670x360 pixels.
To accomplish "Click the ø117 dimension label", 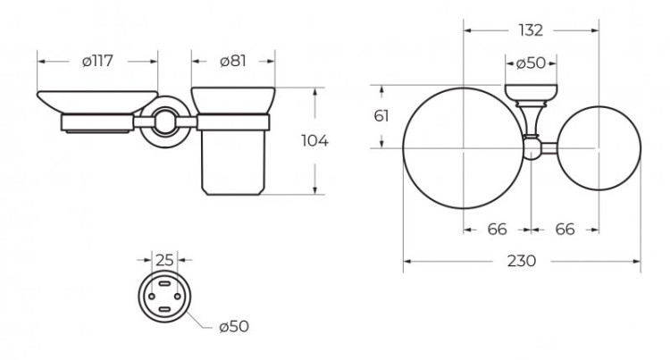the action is tap(97, 61).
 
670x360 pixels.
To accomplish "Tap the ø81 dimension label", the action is tap(233, 61).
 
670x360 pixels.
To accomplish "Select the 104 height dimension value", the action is tap(314, 140).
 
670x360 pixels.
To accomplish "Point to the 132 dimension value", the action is tap(531, 30).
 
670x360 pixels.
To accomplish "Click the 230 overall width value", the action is tap(522, 261).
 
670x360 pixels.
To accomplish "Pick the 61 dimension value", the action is tap(381, 116).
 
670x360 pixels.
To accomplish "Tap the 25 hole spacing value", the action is tap(164, 260).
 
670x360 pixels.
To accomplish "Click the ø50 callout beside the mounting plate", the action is tap(234, 326).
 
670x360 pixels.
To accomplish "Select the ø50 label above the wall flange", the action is tap(531, 63).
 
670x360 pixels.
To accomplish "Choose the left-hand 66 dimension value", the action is tap(497, 230).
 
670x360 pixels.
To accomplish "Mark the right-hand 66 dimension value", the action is tap(565, 230).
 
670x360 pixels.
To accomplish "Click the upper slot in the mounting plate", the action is tap(164, 284).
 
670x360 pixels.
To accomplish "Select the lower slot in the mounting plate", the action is tap(164, 309).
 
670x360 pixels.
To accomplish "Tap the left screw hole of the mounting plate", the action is tap(152, 297).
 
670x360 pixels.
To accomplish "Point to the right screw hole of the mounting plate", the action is tap(178, 297).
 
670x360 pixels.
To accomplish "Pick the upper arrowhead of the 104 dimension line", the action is tap(315, 93).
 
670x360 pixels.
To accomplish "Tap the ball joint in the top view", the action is tap(532, 149).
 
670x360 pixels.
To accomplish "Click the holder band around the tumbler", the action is tap(233, 122).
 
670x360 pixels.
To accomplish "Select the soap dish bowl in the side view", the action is tap(97, 103).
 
